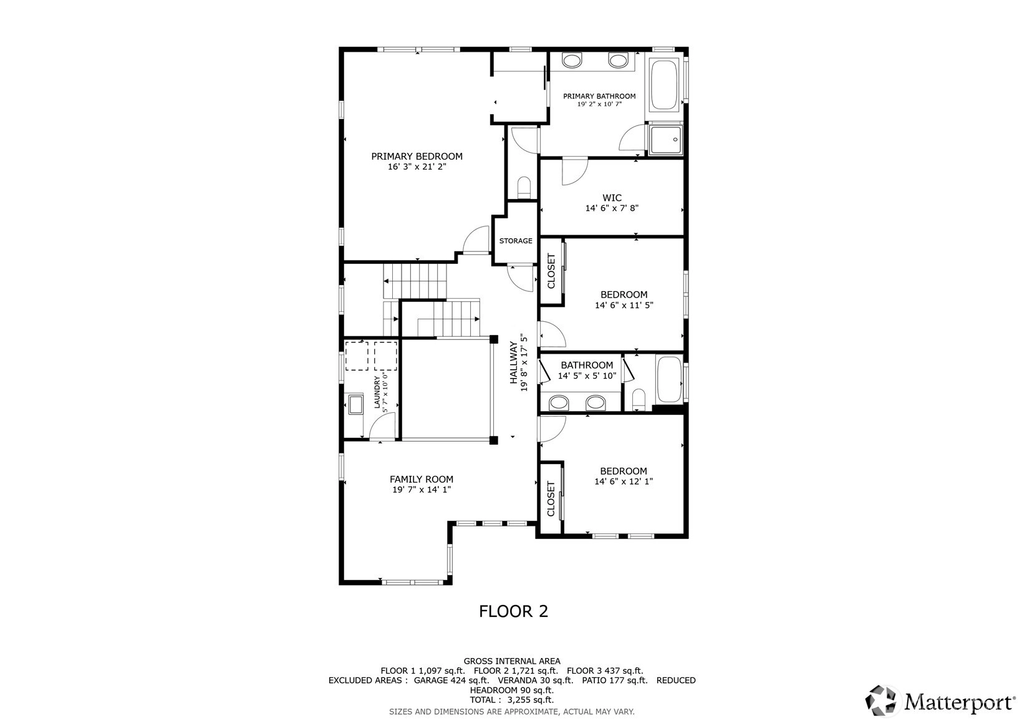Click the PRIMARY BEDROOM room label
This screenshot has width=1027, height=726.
click(x=417, y=157)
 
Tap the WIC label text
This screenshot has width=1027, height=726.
click(x=612, y=198)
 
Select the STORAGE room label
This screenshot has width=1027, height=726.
click(x=516, y=241)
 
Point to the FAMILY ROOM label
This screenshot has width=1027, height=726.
click(x=422, y=479)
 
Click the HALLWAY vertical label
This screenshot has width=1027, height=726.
click(x=514, y=362)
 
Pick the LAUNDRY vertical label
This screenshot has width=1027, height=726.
click(x=377, y=392)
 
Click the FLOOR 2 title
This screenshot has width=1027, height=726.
click(x=514, y=611)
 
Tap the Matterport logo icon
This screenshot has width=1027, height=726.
click(x=880, y=700)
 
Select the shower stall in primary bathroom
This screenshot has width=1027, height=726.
click(x=666, y=140)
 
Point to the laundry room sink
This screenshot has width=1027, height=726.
click(x=355, y=404)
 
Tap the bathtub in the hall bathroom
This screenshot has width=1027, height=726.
click(x=669, y=379)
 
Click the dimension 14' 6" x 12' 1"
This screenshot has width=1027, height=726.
click(x=624, y=481)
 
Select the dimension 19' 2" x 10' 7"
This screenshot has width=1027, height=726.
click(x=599, y=104)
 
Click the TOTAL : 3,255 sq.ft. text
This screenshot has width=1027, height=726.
click(x=512, y=700)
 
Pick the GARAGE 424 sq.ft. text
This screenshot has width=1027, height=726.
click(x=451, y=680)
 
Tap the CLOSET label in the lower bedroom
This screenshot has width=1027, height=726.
click(x=551, y=499)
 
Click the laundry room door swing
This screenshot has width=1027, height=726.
click(x=382, y=425)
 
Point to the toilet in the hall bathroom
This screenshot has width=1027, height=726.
click(x=639, y=399)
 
